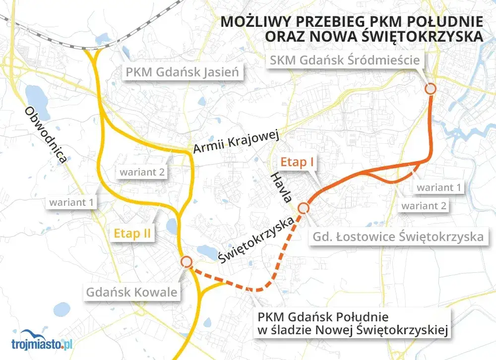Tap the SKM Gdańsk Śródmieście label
(x=345, y=61)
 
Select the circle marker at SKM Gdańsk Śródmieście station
(x=431, y=88)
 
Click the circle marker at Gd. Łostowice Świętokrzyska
(x=304, y=208)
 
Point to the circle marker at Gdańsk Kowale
(x=186, y=262)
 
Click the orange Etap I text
(x=298, y=162)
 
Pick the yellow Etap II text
(x=132, y=233)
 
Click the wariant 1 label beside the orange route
(x=438, y=187)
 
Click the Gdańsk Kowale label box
(x=131, y=292)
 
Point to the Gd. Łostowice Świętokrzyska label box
(x=398, y=237)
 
